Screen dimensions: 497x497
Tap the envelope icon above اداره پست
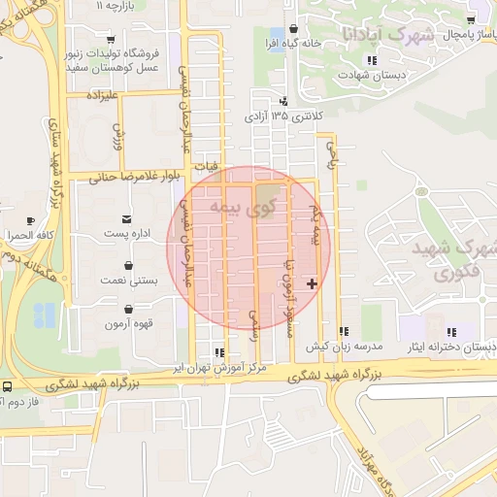tap(127, 219)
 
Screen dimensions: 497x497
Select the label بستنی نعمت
tap(128, 280)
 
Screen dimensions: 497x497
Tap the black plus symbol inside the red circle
tap(311, 283)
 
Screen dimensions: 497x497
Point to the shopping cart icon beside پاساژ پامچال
tap(471, 20)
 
